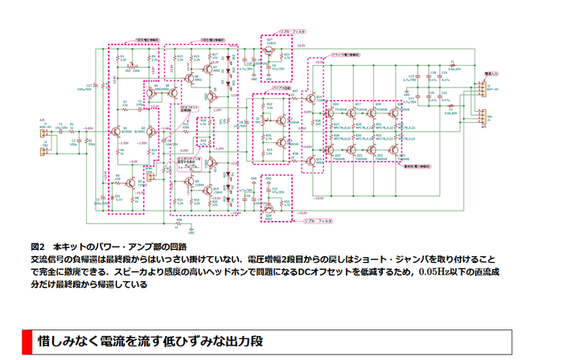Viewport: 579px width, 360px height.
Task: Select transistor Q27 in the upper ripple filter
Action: (268, 50)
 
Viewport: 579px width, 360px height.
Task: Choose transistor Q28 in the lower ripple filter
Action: (268, 208)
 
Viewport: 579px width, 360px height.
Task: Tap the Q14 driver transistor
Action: (310, 99)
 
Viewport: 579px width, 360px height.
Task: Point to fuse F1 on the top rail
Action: (453, 62)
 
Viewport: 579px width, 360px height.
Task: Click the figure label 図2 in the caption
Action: (39, 246)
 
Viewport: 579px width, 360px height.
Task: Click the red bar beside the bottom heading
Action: (27, 341)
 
